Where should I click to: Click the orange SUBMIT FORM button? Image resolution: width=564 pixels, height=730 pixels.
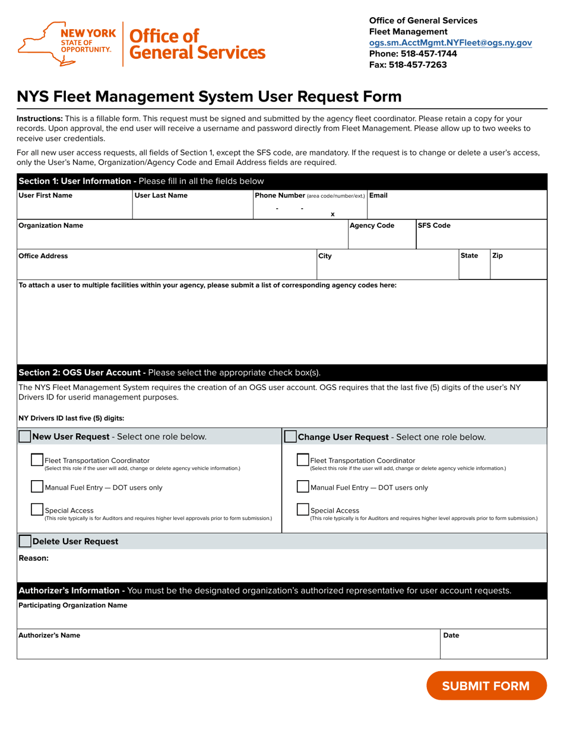point(486,686)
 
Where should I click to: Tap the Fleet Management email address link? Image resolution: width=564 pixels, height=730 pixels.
point(450,43)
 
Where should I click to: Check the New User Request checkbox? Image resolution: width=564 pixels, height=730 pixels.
point(25,437)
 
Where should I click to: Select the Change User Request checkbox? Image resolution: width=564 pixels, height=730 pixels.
point(290,437)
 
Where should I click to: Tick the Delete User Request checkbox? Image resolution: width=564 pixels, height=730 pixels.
point(25,541)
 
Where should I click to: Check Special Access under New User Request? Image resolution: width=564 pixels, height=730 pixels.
point(37,509)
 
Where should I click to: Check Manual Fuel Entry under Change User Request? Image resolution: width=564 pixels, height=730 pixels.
point(302,487)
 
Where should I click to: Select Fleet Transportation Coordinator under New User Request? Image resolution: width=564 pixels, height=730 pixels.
point(37,460)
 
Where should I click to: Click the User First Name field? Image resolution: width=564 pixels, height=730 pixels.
point(74,210)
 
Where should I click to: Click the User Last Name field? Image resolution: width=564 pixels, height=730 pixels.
point(192,210)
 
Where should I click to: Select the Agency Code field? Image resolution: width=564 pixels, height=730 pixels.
point(382,239)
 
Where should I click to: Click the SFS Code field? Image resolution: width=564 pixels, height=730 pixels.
point(481,239)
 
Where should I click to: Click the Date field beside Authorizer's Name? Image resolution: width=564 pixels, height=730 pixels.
point(493,649)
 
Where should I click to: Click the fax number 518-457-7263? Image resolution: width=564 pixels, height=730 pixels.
point(425,65)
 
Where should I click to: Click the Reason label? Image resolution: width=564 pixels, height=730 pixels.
point(33,558)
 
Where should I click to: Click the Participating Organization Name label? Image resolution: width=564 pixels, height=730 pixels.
point(72,605)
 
